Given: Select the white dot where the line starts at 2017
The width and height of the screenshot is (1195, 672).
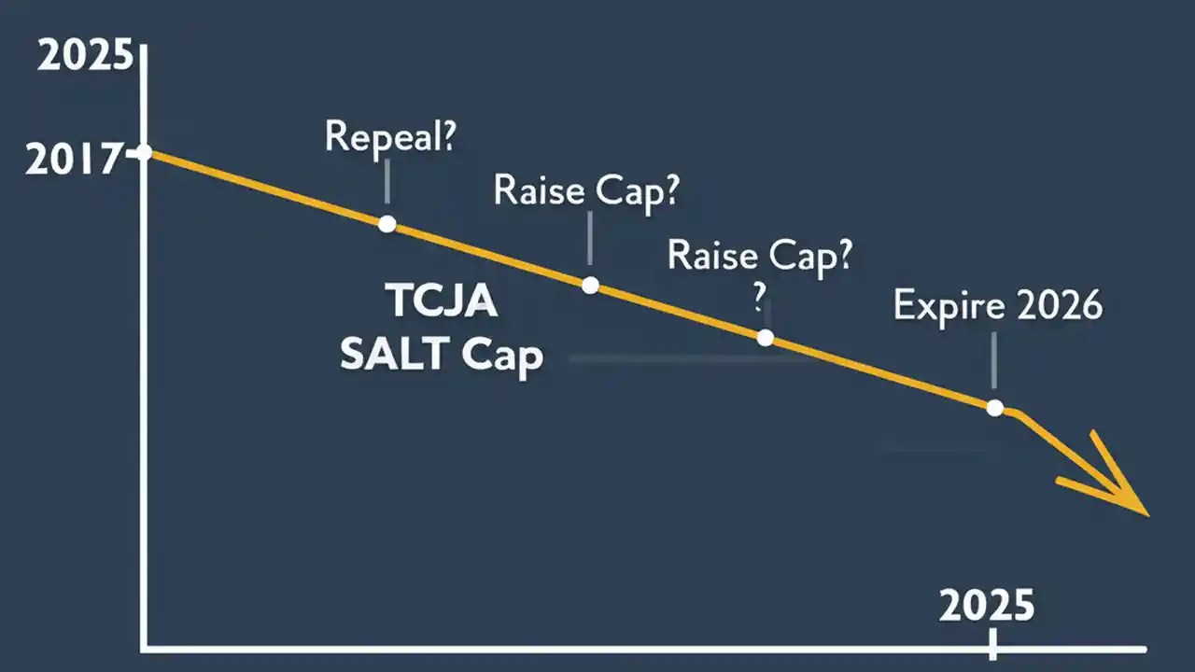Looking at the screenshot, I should (x=144, y=152).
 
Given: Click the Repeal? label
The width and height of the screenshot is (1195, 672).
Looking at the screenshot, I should (x=390, y=136).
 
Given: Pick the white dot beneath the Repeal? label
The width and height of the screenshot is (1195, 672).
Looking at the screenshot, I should (x=387, y=224).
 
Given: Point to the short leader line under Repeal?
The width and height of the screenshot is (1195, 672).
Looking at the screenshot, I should (x=387, y=182).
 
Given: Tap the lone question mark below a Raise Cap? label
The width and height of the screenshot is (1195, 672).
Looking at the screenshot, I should (x=759, y=297).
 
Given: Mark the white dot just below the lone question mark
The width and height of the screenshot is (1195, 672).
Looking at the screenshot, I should (x=766, y=337).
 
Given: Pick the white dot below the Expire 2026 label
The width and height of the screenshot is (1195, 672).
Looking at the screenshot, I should (x=994, y=408).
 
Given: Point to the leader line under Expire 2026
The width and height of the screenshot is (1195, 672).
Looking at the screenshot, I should (x=994, y=360).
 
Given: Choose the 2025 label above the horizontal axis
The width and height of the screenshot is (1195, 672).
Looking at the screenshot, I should (x=987, y=607).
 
